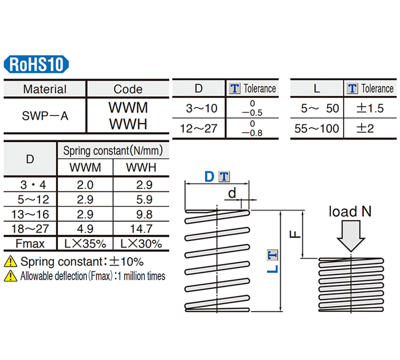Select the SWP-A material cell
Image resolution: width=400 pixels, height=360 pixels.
[x=45, y=116]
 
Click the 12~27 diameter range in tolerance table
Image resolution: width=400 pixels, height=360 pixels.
[x=199, y=128]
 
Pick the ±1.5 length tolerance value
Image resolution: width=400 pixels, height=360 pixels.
[x=369, y=108]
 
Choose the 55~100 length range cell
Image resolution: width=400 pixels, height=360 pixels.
[x=317, y=128]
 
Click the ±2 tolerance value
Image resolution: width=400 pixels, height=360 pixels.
[x=365, y=128]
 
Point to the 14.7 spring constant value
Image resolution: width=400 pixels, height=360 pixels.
[x=141, y=229]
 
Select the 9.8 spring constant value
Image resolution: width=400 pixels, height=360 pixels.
[x=141, y=214]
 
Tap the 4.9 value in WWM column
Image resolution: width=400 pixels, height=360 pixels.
[x=85, y=229]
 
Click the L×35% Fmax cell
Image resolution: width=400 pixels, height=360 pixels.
[x=85, y=244]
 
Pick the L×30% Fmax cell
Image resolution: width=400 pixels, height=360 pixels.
[x=141, y=244]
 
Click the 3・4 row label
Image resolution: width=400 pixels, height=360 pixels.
[x=30, y=184]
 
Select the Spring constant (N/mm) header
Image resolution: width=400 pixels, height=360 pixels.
[x=113, y=150]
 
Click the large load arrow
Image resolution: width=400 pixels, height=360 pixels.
[x=352, y=235]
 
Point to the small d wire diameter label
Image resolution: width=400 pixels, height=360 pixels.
[x=231, y=192]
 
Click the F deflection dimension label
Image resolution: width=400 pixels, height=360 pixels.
[x=296, y=233]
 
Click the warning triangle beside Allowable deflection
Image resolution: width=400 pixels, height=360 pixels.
[x=10, y=275]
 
